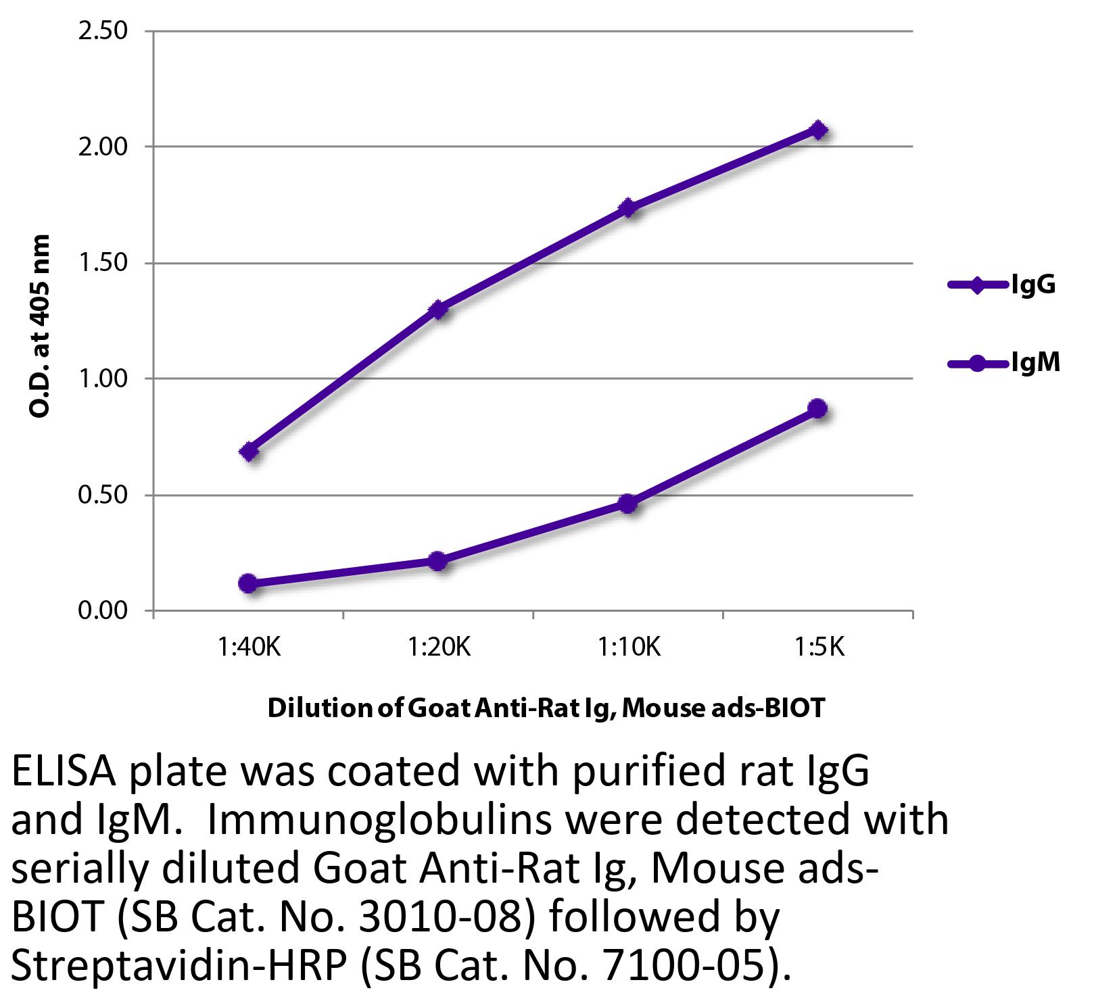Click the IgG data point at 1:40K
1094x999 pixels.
[249, 452]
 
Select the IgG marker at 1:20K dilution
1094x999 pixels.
[439, 310]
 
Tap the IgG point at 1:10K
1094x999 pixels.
[628, 208]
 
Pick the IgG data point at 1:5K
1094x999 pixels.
[818, 130]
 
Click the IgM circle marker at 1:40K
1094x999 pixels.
[248, 583]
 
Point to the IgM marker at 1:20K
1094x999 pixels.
[437, 561]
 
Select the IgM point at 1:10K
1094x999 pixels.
[627, 504]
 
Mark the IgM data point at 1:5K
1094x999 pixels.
[817, 408]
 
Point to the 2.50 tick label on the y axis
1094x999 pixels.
[103, 31]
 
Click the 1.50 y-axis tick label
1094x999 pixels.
[103, 263]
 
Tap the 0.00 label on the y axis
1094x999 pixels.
[103, 610]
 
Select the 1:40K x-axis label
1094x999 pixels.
[248, 647]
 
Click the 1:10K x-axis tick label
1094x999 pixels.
[628, 647]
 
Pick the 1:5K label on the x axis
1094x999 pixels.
[818, 647]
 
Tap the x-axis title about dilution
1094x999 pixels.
[546, 708]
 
